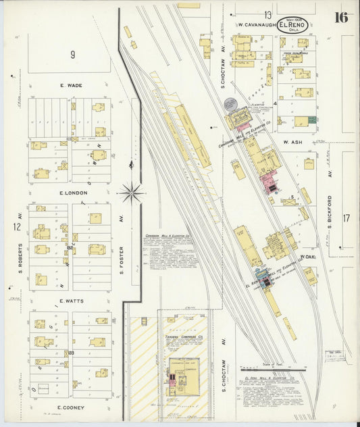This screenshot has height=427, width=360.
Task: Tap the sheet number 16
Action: [340, 17]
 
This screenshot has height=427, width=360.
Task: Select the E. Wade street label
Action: [70, 86]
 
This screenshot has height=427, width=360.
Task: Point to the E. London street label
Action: [73, 193]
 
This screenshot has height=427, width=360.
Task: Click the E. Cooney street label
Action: [70, 407]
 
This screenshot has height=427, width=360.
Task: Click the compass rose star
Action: [131, 193]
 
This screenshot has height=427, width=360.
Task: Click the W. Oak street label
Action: [308, 257]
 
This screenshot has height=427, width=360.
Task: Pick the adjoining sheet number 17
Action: [346, 218]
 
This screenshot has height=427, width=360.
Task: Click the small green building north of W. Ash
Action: [312, 120]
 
